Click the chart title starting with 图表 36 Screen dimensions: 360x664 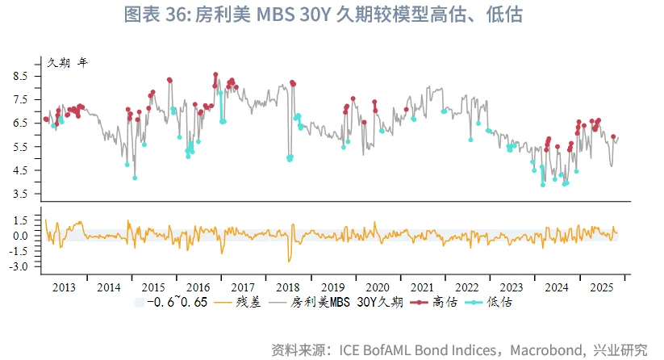[332, 16]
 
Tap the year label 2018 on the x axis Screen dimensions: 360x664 [288, 287]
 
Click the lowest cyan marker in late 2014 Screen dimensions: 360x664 [135, 178]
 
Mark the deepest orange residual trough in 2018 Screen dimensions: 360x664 [289, 261]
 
